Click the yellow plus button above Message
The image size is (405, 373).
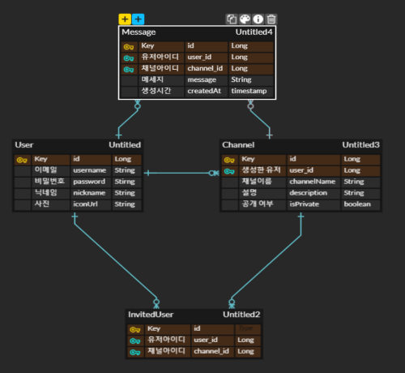125,18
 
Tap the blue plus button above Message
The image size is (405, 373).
139,18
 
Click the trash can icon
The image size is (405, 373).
271,19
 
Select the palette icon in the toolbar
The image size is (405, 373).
245,19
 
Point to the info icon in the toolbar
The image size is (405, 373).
258,19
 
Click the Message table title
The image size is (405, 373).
139,32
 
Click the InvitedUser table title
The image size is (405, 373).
151,314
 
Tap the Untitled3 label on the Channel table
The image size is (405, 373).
360,144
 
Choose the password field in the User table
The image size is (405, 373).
89,182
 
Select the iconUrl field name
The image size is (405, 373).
85,204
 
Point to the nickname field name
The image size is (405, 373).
88,193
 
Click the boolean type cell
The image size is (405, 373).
357,204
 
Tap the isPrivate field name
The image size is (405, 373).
305,204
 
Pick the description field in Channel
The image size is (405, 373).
309,193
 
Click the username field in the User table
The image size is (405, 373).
89,170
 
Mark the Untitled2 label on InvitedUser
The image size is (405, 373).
241,314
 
